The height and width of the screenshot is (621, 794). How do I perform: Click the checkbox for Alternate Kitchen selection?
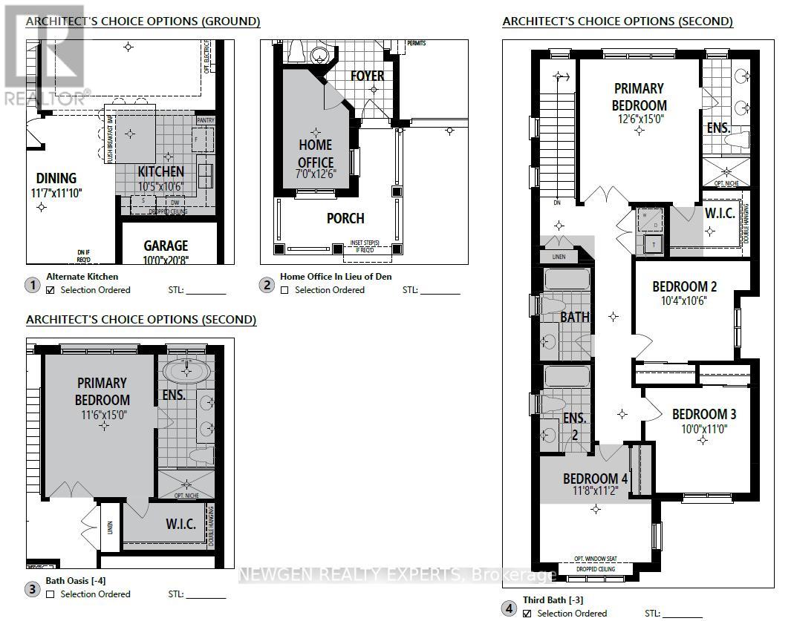click(51, 290)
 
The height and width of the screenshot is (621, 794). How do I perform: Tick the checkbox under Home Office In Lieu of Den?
click(284, 290)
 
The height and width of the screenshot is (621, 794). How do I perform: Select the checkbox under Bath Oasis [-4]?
click(51, 594)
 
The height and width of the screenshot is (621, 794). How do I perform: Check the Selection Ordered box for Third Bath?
click(527, 614)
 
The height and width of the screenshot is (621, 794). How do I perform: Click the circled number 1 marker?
click(33, 285)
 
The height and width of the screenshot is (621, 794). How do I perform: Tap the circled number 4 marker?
click(509, 608)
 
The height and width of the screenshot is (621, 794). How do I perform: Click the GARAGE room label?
click(166, 245)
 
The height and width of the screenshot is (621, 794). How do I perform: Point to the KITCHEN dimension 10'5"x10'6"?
click(160, 185)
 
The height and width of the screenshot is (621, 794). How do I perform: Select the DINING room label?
click(56, 178)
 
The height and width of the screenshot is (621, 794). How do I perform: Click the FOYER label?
click(368, 76)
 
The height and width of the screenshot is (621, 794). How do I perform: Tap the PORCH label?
click(345, 218)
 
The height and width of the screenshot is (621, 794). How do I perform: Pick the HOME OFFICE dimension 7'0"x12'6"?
click(315, 177)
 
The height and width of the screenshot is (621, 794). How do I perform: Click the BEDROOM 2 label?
click(684, 286)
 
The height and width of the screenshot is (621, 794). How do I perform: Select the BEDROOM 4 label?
click(595, 479)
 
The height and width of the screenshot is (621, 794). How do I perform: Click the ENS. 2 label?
click(574, 426)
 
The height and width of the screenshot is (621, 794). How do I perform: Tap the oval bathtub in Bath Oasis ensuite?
click(186, 369)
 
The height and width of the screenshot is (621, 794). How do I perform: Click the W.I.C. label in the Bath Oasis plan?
click(180, 524)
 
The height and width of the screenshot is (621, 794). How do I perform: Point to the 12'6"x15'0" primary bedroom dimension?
click(639, 118)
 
